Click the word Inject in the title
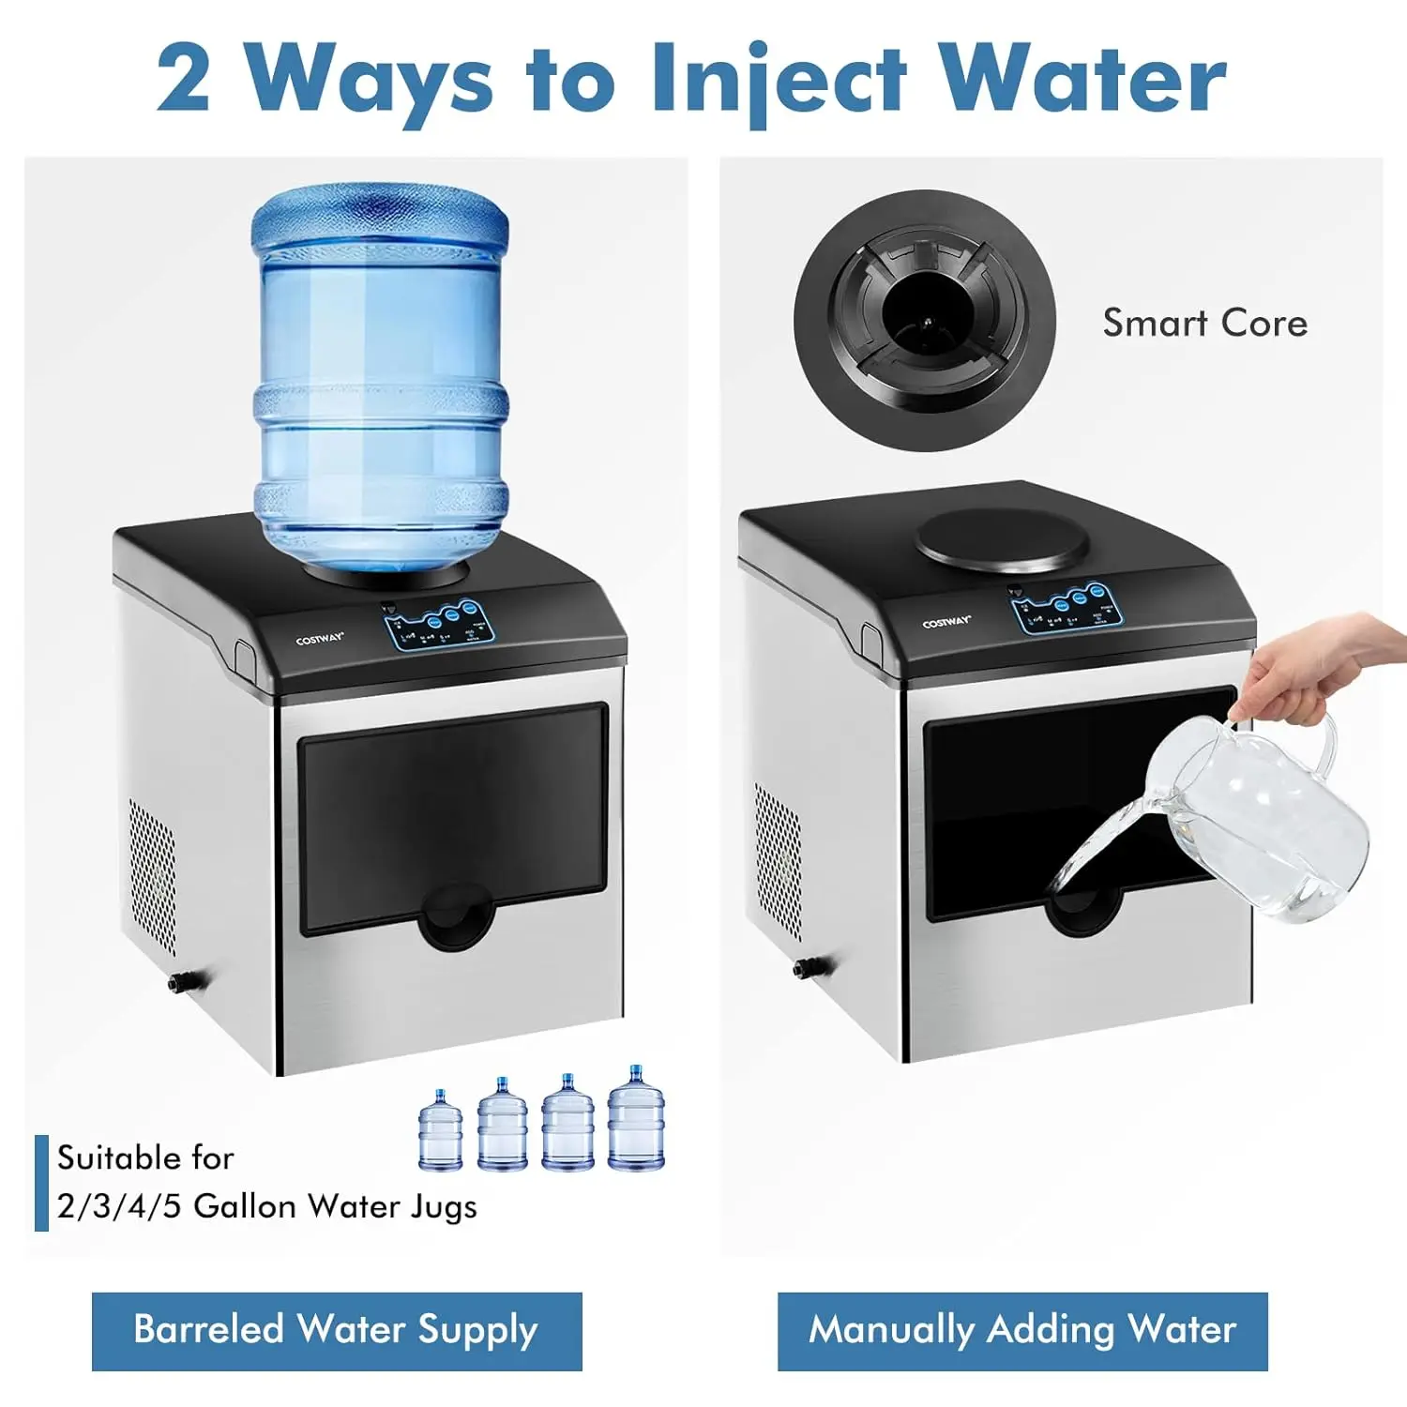click(x=779, y=80)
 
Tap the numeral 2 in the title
click(x=184, y=80)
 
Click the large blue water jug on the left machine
click(x=380, y=375)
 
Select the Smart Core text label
click(x=1204, y=323)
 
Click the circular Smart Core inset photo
click(x=925, y=321)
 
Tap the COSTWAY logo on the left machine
click(x=320, y=640)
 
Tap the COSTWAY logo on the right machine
click(x=946, y=623)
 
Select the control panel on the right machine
click(x=1067, y=609)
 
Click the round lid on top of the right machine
click(x=1003, y=541)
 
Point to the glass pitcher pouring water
click(x=1257, y=816)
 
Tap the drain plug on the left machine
click(x=177, y=982)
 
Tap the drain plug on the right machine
click(x=805, y=967)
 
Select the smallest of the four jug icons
click(x=440, y=1131)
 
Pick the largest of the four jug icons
click(x=636, y=1119)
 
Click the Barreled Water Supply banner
click(x=337, y=1330)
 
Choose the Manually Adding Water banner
click(x=1022, y=1330)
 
